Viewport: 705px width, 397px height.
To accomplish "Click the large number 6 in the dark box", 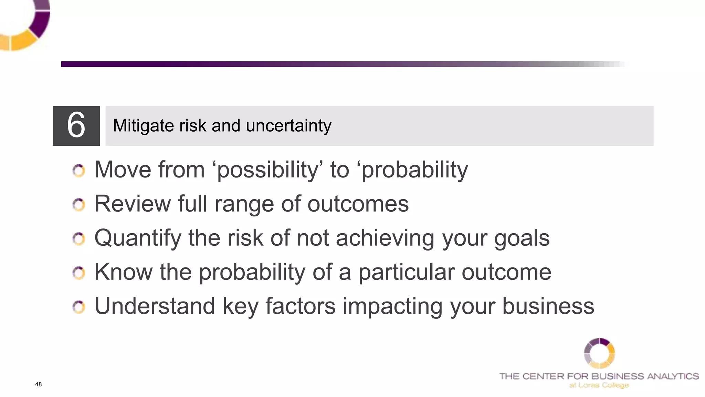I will point(76,125).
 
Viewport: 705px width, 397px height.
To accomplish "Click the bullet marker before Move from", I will point(79,171).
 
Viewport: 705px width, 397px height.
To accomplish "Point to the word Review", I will point(132,204).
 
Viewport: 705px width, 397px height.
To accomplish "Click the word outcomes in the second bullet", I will point(358,204).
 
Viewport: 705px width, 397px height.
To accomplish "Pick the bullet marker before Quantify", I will point(79,238).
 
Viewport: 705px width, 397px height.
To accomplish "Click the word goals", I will point(522,238).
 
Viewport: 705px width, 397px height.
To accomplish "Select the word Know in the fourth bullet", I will point(123,272).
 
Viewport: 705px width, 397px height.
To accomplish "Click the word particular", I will point(406,272).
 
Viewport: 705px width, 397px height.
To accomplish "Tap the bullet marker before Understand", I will point(79,307).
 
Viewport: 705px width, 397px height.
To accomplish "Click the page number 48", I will point(38,384).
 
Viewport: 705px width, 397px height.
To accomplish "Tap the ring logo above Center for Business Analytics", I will point(599,353).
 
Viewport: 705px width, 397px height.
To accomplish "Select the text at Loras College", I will point(599,385).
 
